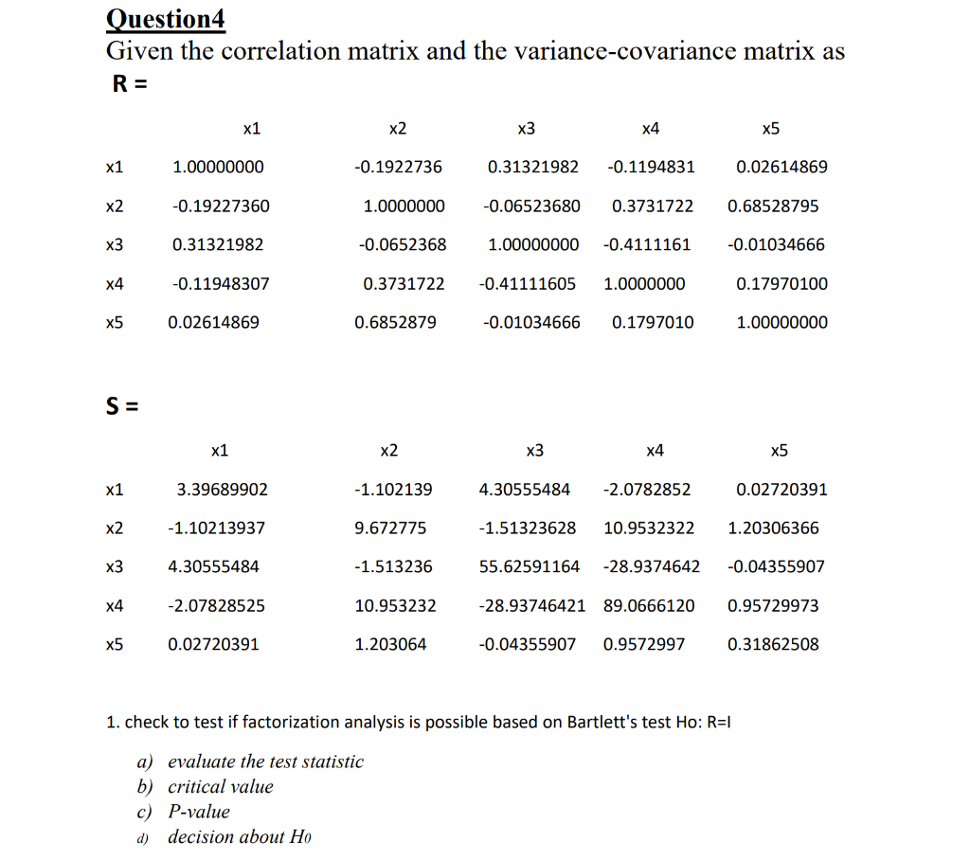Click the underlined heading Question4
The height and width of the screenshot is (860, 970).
pos(166,18)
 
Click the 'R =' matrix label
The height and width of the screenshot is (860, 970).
pos(130,83)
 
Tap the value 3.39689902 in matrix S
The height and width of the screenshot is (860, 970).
pos(223,490)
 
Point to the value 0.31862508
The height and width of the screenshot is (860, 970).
pos(773,644)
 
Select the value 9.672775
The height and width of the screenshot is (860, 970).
pos(390,528)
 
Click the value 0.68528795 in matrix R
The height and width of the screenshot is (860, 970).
pos(773,206)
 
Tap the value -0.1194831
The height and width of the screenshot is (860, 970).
pos(651,167)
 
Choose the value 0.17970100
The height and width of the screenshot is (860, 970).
pos(781,283)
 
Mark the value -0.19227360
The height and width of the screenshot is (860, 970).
pos(221,206)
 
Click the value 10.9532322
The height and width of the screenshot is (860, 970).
pos(649,528)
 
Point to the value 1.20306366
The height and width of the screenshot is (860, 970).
pos(773,528)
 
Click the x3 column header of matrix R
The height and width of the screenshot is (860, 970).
pos(527,128)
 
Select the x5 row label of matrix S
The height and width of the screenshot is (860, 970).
pos(115,644)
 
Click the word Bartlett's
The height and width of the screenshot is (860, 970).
pos(602,722)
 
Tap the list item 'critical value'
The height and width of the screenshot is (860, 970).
pos(220,786)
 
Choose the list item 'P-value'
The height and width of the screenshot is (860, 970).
pos(199,812)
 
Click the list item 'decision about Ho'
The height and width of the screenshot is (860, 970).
pos(240,837)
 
